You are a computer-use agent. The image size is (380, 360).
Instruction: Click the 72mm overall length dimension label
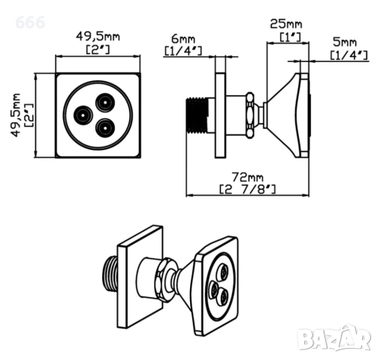(247, 177)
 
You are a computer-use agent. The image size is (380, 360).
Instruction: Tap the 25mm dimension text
(286, 24)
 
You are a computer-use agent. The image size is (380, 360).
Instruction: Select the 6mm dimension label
(183, 39)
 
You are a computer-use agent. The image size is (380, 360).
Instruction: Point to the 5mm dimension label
(345, 42)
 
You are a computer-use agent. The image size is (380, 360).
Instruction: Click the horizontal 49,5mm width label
(98, 37)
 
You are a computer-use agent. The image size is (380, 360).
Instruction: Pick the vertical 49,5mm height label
(15, 115)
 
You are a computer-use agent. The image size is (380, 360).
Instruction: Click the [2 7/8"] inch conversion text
(247, 189)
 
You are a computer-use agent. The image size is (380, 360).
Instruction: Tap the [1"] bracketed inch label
(290, 37)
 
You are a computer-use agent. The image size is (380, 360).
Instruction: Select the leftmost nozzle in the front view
(83, 115)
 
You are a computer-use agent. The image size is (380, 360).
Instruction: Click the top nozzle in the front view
(105, 102)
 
